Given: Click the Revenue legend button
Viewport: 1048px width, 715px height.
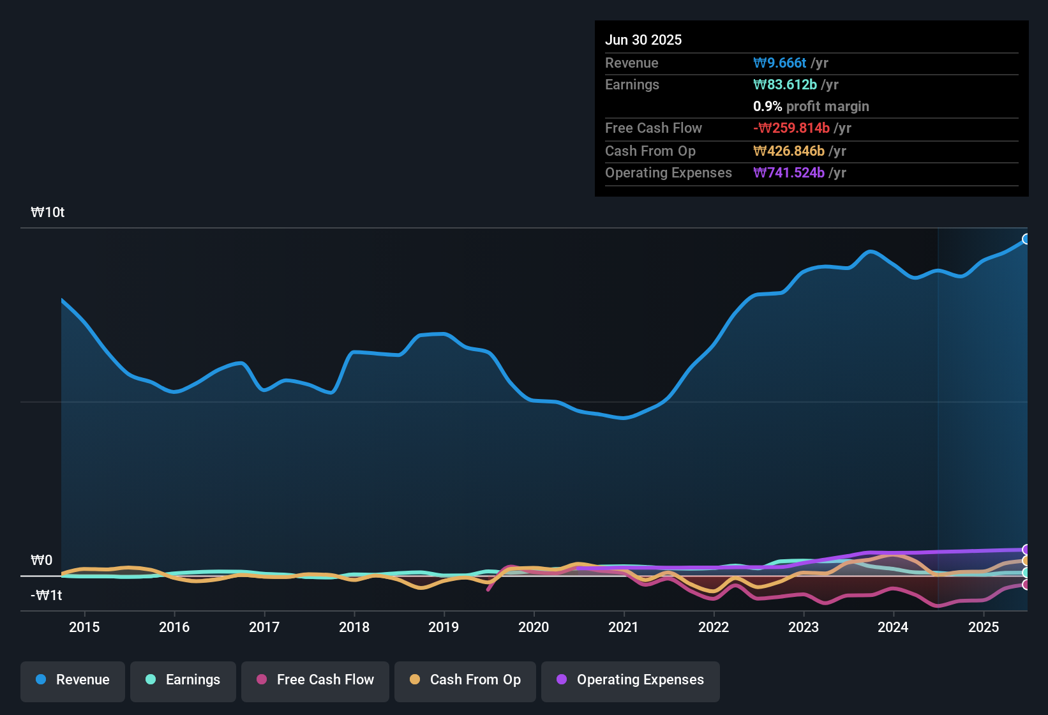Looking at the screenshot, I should (x=73, y=680).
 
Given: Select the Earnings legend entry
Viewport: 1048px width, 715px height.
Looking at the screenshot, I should (x=183, y=680).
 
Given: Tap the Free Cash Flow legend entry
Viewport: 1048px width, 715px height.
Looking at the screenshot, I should (x=315, y=680).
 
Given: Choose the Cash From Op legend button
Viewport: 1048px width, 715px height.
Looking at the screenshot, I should (x=465, y=680).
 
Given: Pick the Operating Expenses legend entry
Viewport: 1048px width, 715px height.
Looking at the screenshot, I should (x=631, y=680).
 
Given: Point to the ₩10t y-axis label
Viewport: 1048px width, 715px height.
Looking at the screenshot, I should (x=48, y=213).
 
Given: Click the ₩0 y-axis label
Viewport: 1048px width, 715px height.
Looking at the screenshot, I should (x=41, y=561).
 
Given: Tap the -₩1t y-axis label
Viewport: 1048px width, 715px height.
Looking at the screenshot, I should (x=47, y=596).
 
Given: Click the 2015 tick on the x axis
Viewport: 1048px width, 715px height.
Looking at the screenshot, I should (x=84, y=627).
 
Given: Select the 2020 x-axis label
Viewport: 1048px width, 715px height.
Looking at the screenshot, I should (x=534, y=627).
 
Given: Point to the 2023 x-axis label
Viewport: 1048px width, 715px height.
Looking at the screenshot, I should (x=804, y=627).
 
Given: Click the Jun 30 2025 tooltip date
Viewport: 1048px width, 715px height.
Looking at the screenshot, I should (x=643, y=40).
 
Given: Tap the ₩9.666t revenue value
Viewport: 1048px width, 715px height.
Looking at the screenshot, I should (x=780, y=63).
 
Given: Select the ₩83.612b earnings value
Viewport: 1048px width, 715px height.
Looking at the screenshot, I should (x=785, y=85).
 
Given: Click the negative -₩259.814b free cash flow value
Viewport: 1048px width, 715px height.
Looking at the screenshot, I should (x=791, y=128).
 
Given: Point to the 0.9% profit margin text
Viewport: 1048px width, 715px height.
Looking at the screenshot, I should (x=811, y=107).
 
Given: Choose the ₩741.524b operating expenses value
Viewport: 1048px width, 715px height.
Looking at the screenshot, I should (x=789, y=173).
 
